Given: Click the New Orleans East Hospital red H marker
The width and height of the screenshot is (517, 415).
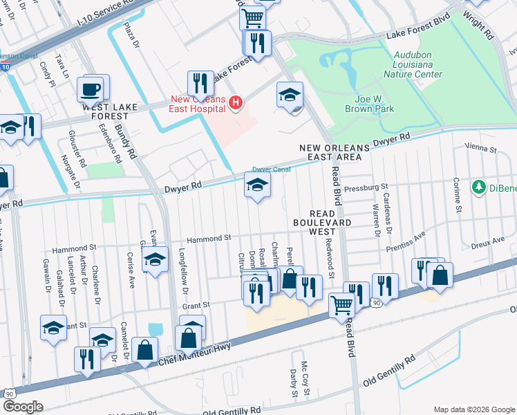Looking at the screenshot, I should [236, 104].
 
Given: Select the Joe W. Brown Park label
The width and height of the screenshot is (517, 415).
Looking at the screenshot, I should [374, 103].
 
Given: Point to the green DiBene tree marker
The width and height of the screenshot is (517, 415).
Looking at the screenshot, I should [478, 187].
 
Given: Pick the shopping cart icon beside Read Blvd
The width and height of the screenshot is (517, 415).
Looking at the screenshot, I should [342, 304].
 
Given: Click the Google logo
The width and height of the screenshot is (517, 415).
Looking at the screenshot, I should [23, 407].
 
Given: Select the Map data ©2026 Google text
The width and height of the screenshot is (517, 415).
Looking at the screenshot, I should [473, 409].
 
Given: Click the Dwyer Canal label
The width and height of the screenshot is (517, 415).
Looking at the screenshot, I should [270, 169].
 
